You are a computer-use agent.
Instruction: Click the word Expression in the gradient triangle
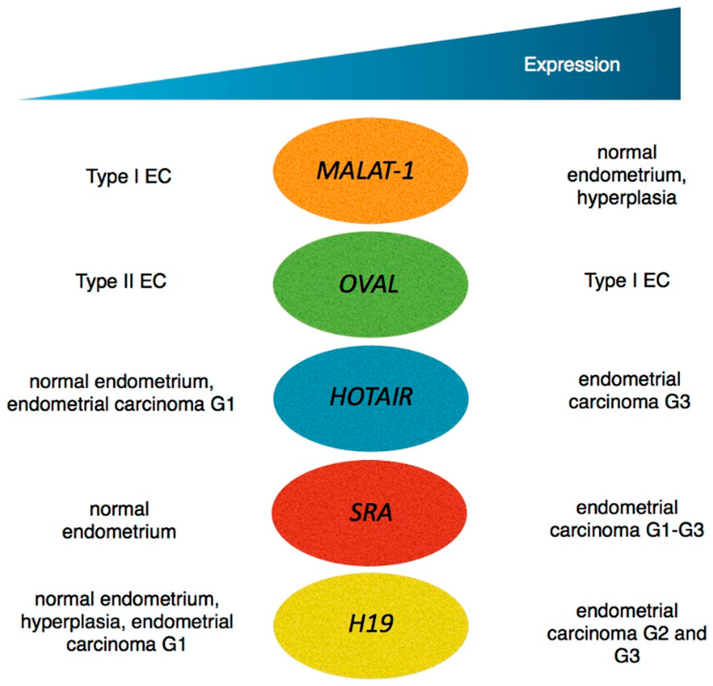tap(572, 65)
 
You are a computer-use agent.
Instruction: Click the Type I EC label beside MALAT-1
tap(129, 177)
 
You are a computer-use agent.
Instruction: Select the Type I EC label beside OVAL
tap(627, 280)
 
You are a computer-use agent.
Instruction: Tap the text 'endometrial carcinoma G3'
tap(625, 391)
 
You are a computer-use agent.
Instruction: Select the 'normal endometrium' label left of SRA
tap(119, 519)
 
